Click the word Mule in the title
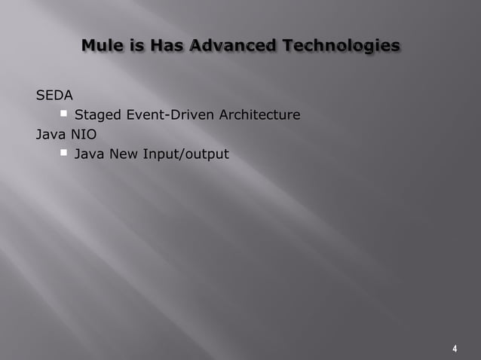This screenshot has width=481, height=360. (x=103, y=46)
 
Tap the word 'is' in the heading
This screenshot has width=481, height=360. (x=137, y=46)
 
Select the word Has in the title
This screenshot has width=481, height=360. (x=167, y=46)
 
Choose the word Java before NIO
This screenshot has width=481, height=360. (x=51, y=135)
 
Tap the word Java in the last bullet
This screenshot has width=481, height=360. (x=90, y=154)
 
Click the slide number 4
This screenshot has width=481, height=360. (x=455, y=349)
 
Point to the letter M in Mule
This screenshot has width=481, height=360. (x=89, y=46)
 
